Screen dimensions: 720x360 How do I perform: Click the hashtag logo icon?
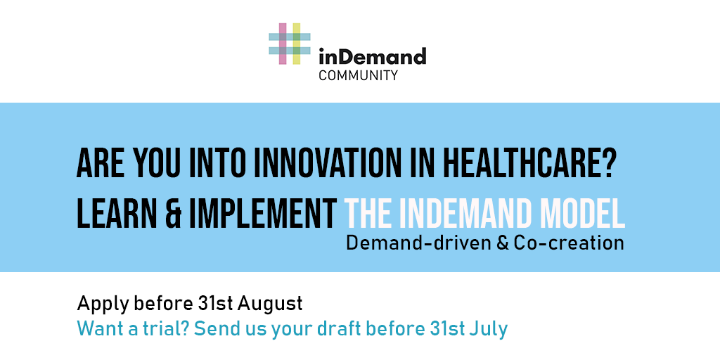(289, 44)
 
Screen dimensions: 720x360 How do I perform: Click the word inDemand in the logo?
(373, 56)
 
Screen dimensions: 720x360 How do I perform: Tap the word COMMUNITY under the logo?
(358, 75)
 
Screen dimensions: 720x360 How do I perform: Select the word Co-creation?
(569, 243)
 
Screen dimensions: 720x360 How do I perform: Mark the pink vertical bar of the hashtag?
(283, 44)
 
